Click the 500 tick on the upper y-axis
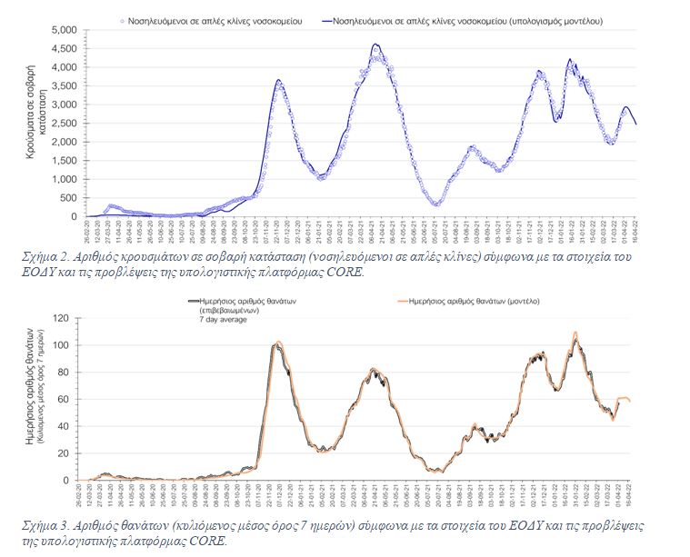(68, 198)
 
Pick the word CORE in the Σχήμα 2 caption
(343, 271)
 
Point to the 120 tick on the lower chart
(63, 318)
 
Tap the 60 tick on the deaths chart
(65, 399)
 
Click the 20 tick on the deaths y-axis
(65, 453)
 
